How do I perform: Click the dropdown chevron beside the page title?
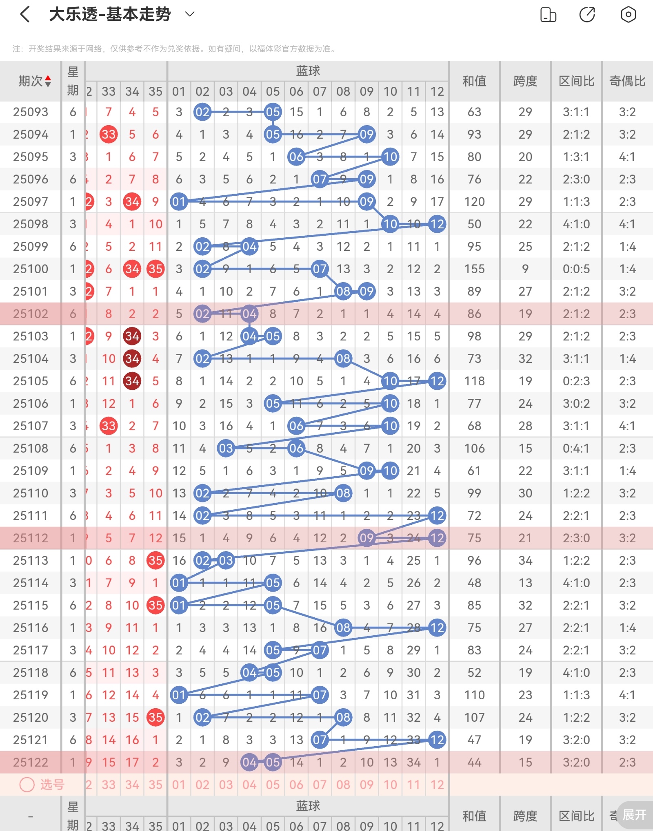(x=190, y=14)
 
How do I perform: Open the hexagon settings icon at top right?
(x=628, y=15)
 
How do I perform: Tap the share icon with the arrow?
(x=587, y=15)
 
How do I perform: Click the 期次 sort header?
(x=35, y=81)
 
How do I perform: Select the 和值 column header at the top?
(x=474, y=81)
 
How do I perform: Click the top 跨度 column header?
(x=525, y=81)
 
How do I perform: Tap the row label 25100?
(x=31, y=269)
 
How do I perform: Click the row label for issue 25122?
(x=31, y=762)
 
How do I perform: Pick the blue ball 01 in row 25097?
(x=179, y=201)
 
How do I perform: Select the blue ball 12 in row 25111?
(x=437, y=515)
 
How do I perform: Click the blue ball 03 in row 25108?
(x=226, y=448)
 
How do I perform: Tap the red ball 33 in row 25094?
(x=109, y=134)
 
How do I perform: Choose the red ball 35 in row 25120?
(x=155, y=717)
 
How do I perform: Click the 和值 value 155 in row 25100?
(x=474, y=269)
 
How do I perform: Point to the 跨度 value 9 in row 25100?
(x=525, y=269)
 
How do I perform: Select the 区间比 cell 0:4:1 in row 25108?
(x=576, y=448)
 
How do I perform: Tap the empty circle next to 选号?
(x=27, y=785)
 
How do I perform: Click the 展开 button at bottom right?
(x=634, y=815)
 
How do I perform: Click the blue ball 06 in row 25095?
(x=296, y=157)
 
